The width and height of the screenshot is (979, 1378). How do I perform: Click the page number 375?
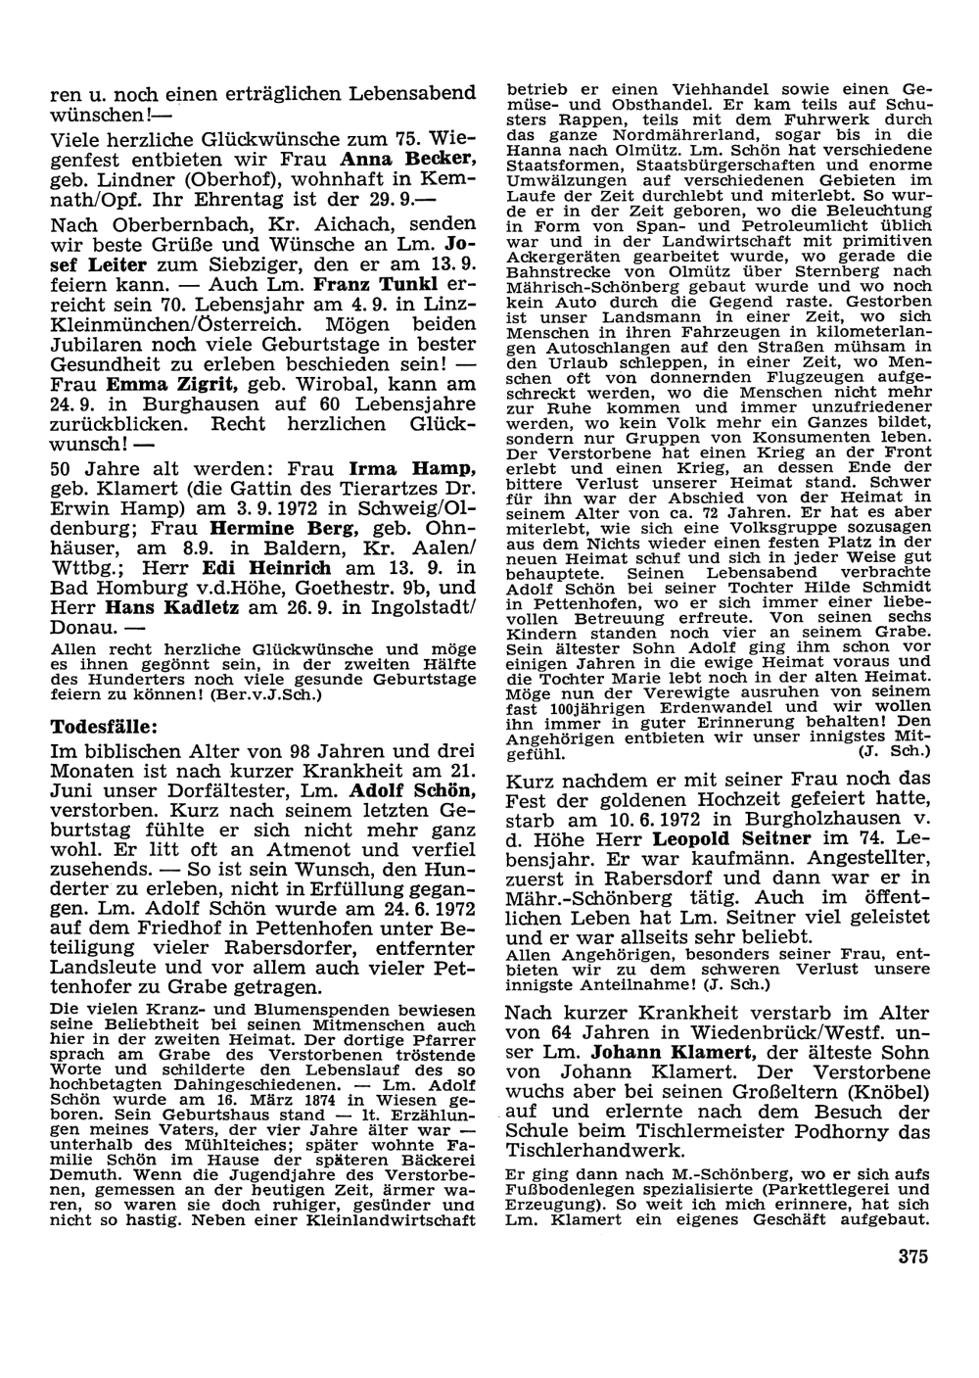910,1257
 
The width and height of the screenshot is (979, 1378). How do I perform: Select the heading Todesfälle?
102,727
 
